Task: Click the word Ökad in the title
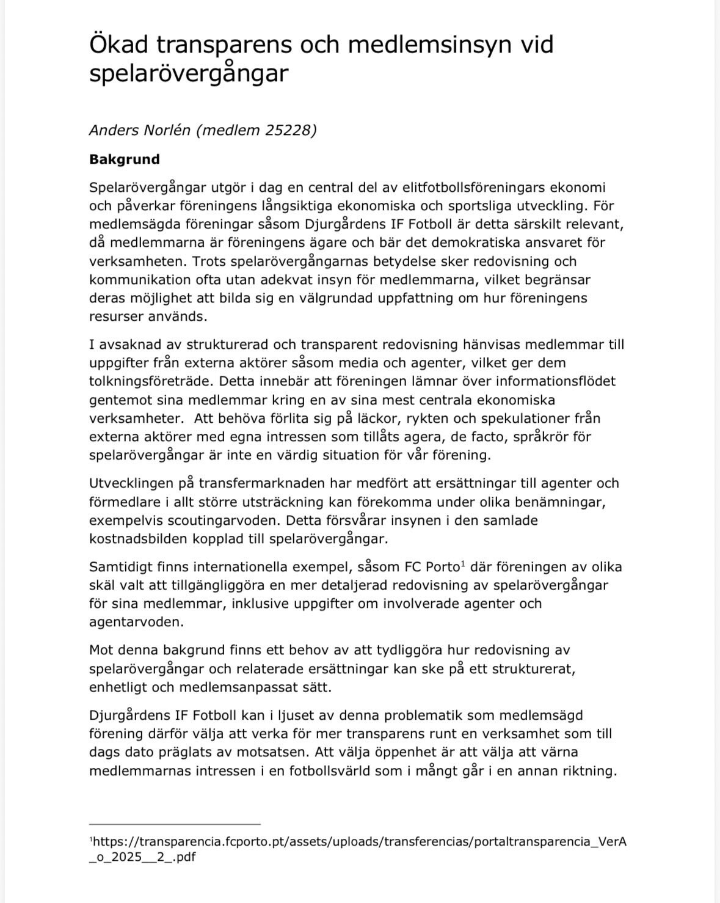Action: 118,45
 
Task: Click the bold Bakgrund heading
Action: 125,159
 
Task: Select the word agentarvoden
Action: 136,623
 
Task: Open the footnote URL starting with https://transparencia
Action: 358,843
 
